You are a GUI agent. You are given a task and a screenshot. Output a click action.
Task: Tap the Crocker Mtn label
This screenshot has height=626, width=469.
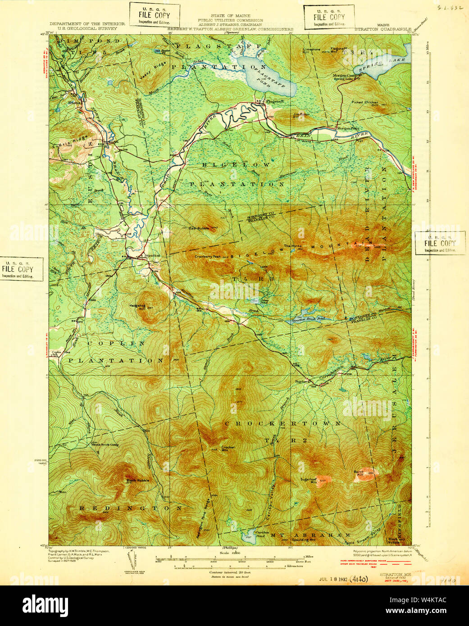(x=228, y=449)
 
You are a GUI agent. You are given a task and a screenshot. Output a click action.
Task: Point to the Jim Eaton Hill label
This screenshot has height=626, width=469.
(x=301, y=115)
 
